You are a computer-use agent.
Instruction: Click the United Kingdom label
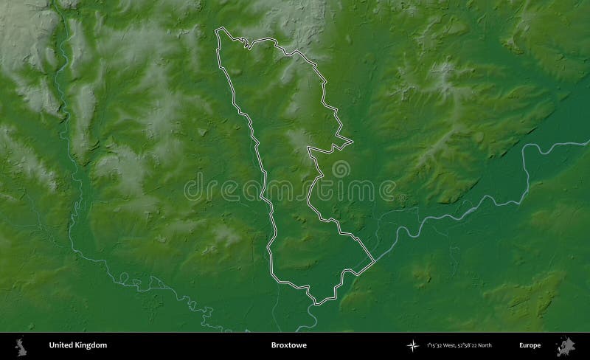tap(77, 345)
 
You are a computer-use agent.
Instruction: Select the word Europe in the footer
tap(530, 345)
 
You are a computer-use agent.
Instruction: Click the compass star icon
tap(411, 345)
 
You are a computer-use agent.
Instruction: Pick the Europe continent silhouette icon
tap(568, 345)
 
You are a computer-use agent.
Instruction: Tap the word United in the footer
tap(61, 345)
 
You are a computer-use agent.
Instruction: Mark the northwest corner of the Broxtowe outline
tap(216, 30)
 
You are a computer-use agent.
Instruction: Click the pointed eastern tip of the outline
tap(352, 139)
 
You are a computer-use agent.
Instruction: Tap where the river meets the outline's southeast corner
tap(374, 260)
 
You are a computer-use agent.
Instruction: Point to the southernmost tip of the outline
tap(316, 303)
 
